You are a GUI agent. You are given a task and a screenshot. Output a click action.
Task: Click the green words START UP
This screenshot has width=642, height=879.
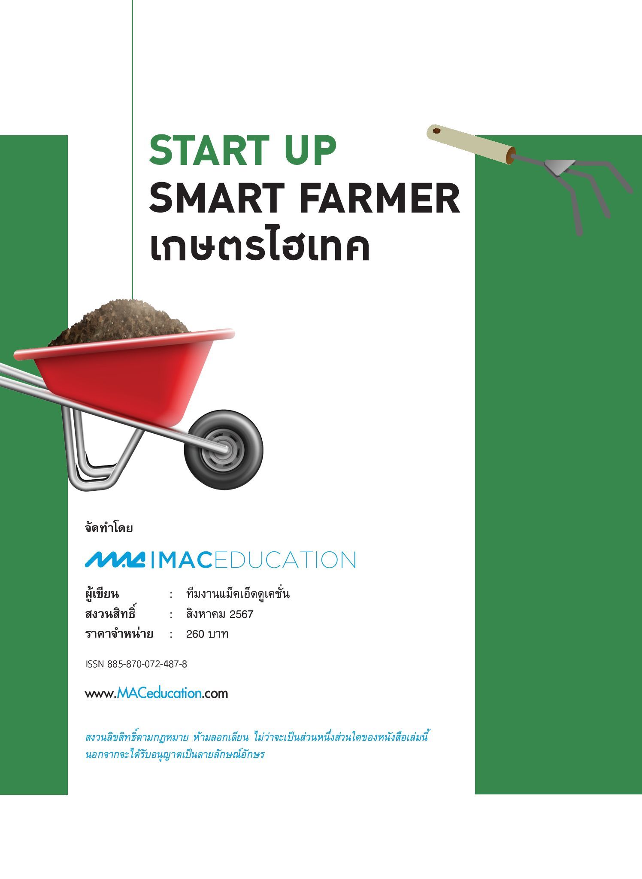click(x=242, y=150)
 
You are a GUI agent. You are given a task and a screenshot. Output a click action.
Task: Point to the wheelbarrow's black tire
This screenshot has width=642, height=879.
click(x=224, y=449)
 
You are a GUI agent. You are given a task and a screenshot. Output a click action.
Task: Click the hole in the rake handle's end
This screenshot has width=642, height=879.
click(x=436, y=131)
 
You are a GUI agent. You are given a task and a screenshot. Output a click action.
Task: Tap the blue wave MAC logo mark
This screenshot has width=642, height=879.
click(x=115, y=560)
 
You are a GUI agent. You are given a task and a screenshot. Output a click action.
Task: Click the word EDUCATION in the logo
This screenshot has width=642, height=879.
click(x=285, y=560)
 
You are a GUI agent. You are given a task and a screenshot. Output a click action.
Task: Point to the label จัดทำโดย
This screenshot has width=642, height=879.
click(x=109, y=528)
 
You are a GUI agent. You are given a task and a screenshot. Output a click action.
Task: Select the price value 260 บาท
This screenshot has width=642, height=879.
click(x=207, y=634)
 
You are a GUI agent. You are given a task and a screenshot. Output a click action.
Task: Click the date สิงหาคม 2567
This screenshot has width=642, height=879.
click(x=220, y=614)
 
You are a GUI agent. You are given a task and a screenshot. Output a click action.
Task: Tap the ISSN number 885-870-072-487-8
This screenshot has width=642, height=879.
click(x=147, y=664)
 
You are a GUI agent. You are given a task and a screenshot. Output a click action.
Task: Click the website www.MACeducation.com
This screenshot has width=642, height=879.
click(x=156, y=693)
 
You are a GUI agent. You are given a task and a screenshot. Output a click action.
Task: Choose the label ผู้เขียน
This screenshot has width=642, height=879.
click(x=102, y=594)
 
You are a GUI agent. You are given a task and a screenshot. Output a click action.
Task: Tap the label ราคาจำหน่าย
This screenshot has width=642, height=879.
click(x=119, y=633)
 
